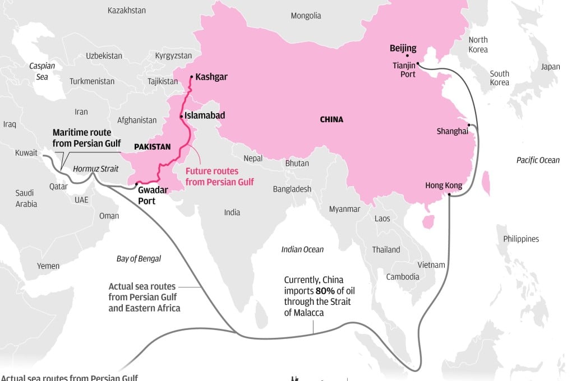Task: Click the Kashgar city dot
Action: click(191, 77)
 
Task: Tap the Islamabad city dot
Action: click(181, 116)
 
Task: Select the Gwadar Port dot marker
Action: click(136, 183)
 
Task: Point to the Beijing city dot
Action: click(407, 55)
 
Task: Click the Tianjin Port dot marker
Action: click(418, 64)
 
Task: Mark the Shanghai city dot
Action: click(469, 125)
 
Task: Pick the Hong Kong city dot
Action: click(450, 194)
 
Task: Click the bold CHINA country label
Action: click(331, 119)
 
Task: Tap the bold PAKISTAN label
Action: click(152, 147)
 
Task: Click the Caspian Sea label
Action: click(42, 71)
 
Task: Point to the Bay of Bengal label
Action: click(139, 258)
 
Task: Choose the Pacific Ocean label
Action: click(538, 160)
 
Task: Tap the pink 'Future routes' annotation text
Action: click(219, 176)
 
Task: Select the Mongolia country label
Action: click(306, 16)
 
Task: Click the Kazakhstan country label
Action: click(126, 10)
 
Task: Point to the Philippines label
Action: click(520, 239)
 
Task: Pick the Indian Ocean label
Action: click(302, 249)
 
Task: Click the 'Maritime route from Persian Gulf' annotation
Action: click(86, 138)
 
